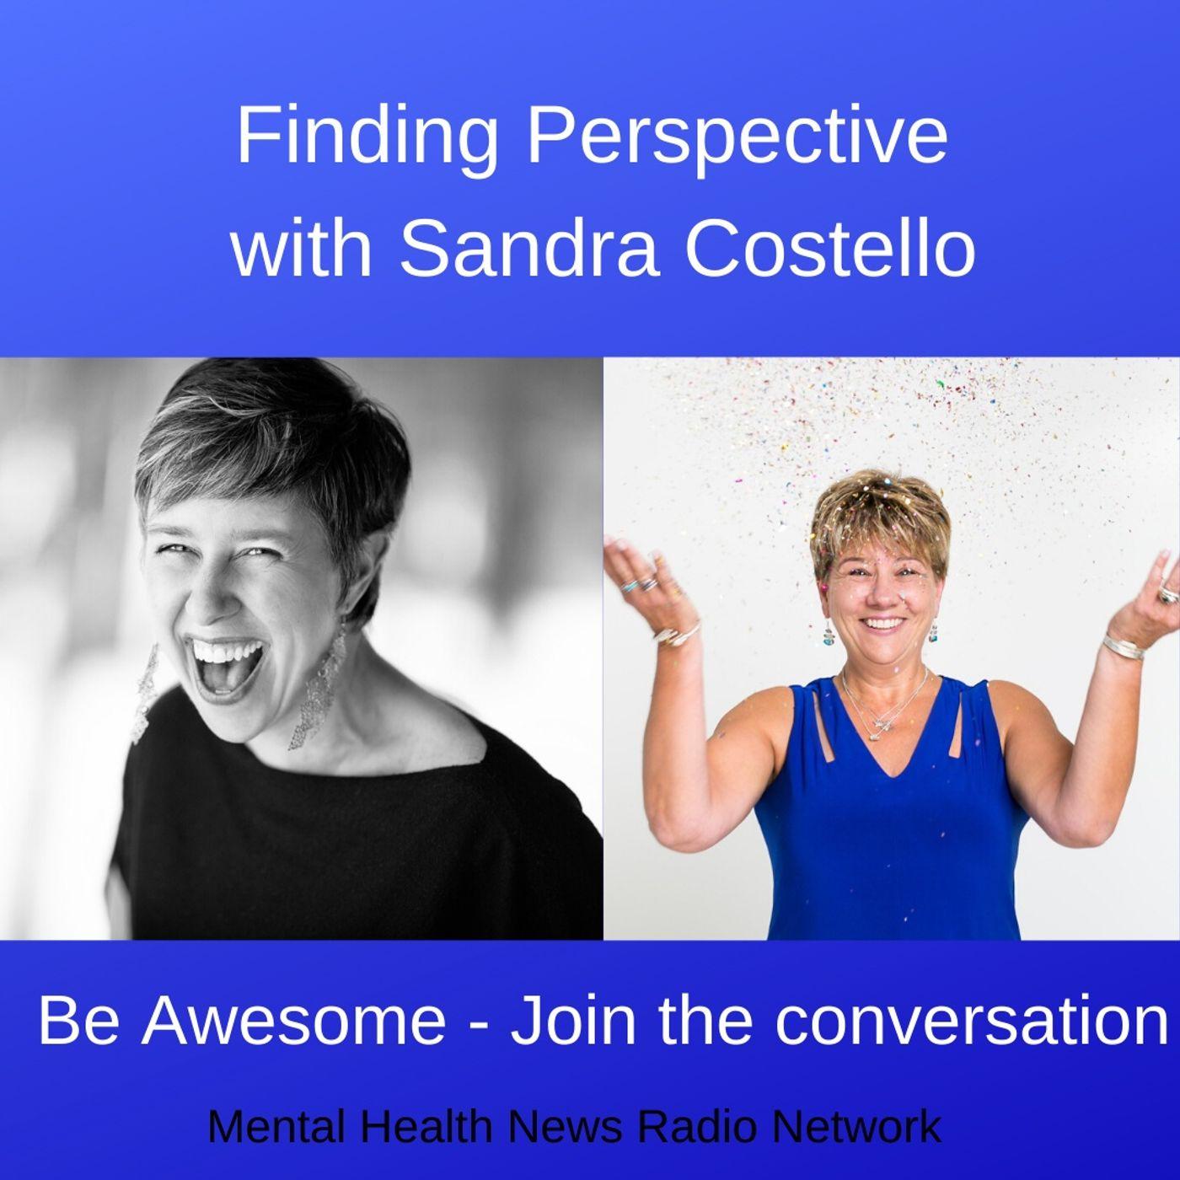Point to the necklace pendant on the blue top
point(881,722)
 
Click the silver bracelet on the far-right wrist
point(1124,646)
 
